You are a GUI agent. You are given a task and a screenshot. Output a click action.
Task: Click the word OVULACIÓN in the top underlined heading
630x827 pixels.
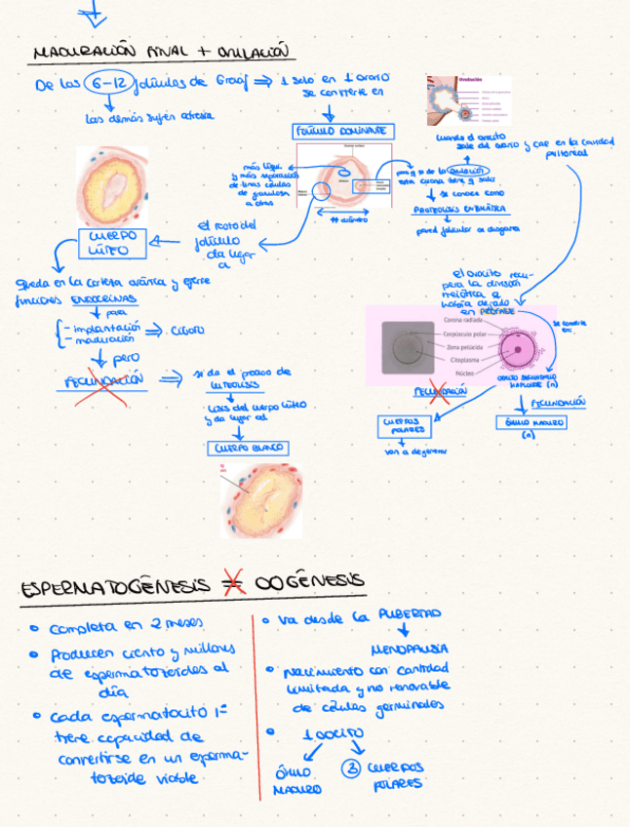click(256, 50)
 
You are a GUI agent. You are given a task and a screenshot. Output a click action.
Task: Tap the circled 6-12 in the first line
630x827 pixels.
click(106, 84)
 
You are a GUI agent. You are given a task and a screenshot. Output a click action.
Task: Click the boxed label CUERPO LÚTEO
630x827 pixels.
click(111, 243)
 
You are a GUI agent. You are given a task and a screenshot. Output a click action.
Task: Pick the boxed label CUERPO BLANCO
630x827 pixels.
click(246, 449)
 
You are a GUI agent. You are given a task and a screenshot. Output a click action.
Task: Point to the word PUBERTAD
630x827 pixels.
click(410, 614)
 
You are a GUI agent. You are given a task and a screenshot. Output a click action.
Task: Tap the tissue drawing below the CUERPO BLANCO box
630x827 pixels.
click(260, 499)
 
